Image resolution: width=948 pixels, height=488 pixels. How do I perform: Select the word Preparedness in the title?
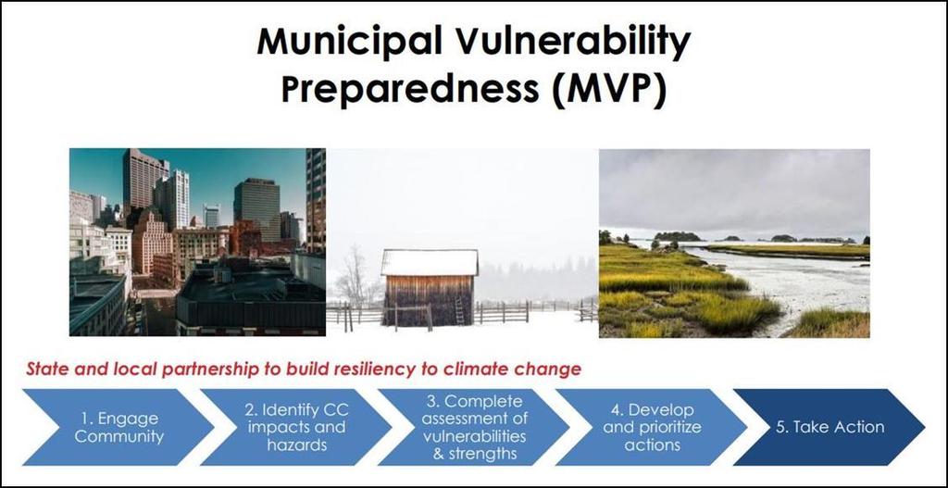pyautogui.click(x=410, y=90)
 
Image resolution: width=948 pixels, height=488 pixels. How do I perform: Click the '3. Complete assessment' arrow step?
pyautogui.click(x=474, y=428)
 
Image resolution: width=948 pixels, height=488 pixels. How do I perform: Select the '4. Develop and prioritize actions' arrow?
pyautogui.click(x=652, y=428)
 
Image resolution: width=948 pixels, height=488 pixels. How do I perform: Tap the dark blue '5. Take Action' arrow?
pyautogui.click(x=829, y=428)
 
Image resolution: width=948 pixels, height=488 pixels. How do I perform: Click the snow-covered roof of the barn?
pyautogui.click(x=430, y=262)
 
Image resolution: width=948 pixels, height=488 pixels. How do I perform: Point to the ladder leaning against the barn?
pyautogui.click(x=461, y=309)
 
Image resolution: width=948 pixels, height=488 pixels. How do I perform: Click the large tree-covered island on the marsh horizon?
pyautogui.click(x=678, y=236)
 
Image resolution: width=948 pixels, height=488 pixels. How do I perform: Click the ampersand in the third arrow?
pyautogui.click(x=439, y=454)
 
